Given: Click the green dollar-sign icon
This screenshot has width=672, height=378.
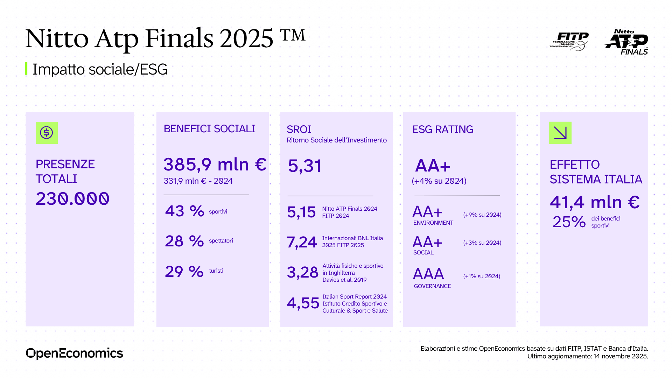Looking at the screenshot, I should (x=47, y=133).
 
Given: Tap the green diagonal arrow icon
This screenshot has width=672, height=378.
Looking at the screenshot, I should (x=560, y=133).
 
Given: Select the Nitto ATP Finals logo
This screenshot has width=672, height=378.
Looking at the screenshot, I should (x=626, y=42).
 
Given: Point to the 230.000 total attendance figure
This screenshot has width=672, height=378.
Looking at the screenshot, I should (x=72, y=199).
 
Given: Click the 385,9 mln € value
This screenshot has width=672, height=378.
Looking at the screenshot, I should (x=215, y=164).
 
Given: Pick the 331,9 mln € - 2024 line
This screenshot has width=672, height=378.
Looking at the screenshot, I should (x=198, y=181).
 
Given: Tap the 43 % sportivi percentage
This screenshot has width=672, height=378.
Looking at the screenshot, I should (x=184, y=211).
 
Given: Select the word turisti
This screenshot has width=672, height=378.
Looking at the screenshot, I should (x=216, y=271).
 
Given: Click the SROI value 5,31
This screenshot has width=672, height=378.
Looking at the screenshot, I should (x=304, y=166).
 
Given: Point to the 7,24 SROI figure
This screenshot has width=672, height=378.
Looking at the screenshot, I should (x=302, y=242).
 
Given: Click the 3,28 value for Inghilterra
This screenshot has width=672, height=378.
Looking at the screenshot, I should (x=302, y=272).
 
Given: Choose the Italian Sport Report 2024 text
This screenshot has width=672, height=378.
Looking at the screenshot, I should (x=355, y=296).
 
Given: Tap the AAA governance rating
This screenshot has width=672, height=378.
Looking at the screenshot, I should (x=428, y=274).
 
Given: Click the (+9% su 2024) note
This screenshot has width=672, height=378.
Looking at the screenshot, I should (x=482, y=215).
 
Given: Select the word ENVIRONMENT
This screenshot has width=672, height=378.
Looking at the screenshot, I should (x=433, y=223).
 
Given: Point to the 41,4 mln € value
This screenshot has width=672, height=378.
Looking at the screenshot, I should (x=595, y=202).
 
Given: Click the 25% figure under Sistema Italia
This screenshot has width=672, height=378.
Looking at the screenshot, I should (x=569, y=222).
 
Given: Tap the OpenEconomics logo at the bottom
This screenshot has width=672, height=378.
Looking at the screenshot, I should (x=74, y=353).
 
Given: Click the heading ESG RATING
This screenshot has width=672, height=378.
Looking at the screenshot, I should (x=443, y=129).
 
